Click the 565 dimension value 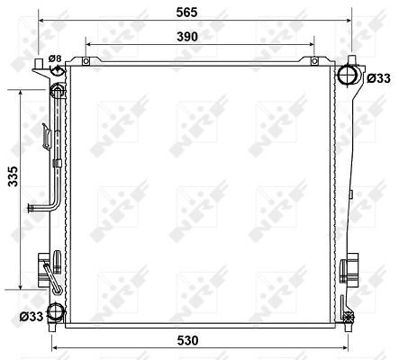[186, 13]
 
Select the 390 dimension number [187, 37]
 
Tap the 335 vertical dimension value [14, 176]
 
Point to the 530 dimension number [187, 340]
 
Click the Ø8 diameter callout [55, 58]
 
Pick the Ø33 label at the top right [379, 78]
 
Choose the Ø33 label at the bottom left [32, 316]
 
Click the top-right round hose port [348, 75]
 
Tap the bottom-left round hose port [56, 312]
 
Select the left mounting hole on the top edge [86, 61]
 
